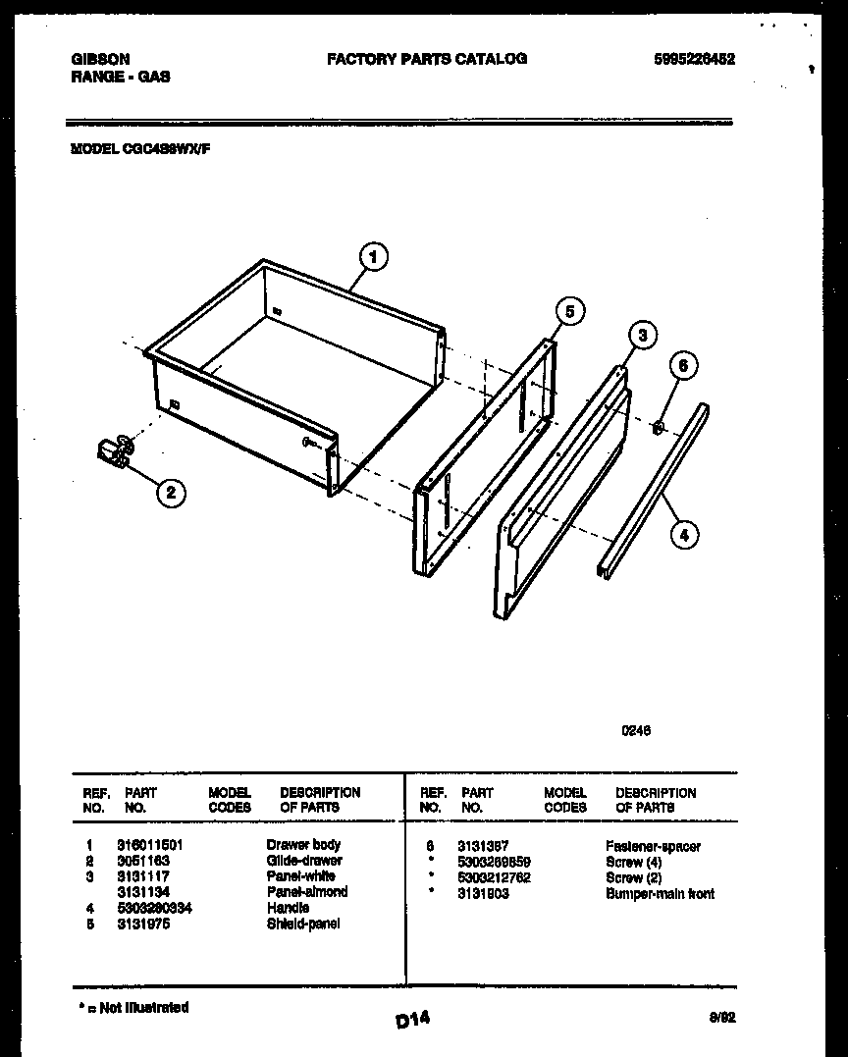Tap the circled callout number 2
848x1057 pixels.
(x=171, y=492)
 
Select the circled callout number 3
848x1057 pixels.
(x=641, y=336)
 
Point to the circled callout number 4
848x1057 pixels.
(x=684, y=534)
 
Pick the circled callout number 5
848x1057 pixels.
(x=569, y=311)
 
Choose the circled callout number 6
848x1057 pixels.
(x=684, y=366)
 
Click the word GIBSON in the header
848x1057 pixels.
(x=100, y=59)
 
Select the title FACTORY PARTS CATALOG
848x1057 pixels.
(x=426, y=59)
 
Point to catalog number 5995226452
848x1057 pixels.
(x=693, y=59)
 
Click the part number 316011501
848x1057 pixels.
(x=149, y=844)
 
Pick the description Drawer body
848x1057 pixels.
(x=303, y=844)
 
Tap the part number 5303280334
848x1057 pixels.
(x=154, y=908)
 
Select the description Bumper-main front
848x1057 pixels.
(x=660, y=894)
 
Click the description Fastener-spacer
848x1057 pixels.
(x=653, y=846)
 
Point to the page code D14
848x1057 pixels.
(x=412, y=1021)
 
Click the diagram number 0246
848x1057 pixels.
(x=636, y=730)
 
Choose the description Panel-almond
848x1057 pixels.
(x=306, y=892)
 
